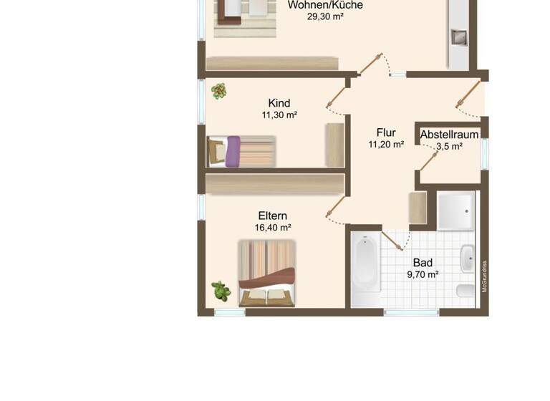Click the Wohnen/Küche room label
(x=325, y=5)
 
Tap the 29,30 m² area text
(x=325, y=16)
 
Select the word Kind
(x=279, y=103)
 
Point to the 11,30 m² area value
(x=279, y=115)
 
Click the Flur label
(x=386, y=132)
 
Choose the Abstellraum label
(x=449, y=135)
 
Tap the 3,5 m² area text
(x=449, y=146)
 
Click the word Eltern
(x=273, y=216)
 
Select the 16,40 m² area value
(x=273, y=228)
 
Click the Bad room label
(x=423, y=263)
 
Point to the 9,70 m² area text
(x=423, y=274)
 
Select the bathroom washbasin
(x=467, y=259)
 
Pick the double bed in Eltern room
(x=267, y=273)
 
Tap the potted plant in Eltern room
(x=221, y=291)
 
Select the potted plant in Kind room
(x=218, y=91)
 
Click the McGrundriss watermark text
(x=485, y=276)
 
